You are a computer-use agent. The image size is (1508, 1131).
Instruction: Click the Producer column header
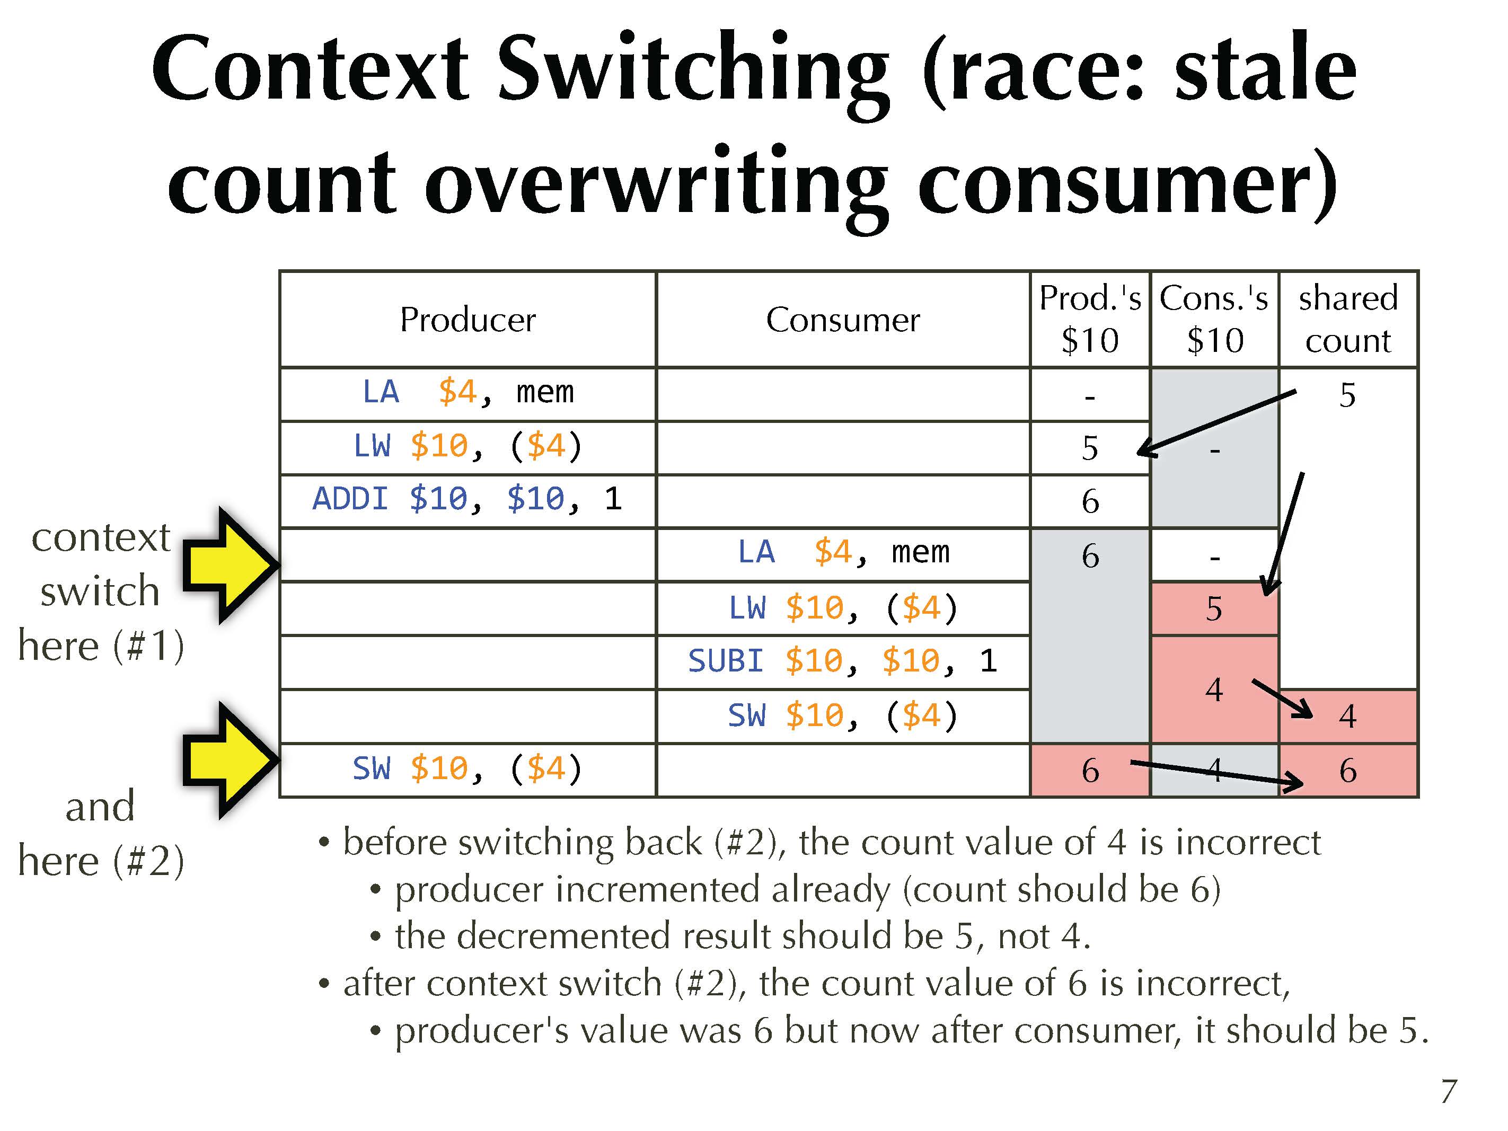coord(468,320)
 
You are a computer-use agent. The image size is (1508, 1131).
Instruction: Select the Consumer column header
coord(843,320)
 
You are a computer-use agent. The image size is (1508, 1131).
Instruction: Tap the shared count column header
coord(1348,319)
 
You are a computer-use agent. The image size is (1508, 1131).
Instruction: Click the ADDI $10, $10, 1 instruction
coord(467,499)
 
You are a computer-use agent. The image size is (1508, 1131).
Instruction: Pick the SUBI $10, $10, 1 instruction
coord(843,660)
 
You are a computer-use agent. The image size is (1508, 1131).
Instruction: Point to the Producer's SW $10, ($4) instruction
coord(467,769)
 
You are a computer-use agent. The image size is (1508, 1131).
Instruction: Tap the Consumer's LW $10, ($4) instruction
coord(843,608)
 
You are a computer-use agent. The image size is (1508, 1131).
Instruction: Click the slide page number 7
coord(1449,1091)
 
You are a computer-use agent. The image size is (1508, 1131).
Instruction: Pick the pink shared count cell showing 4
coord(1348,717)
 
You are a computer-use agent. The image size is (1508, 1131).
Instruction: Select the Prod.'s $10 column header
coord(1090,319)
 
